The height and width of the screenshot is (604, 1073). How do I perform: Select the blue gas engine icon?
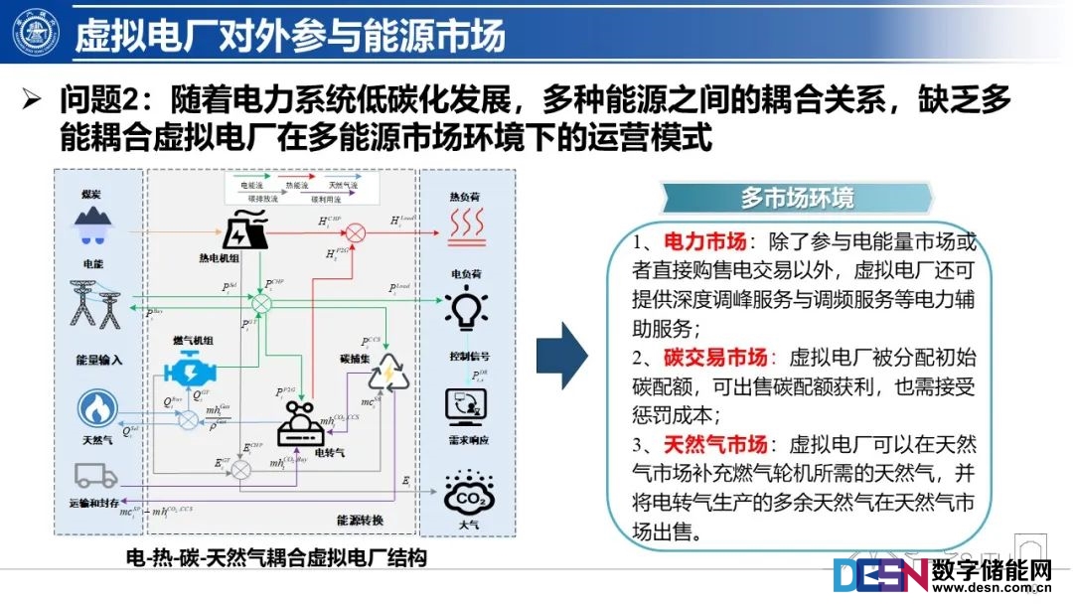click(195, 371)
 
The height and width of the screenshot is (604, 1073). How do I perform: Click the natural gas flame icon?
click(98, 408)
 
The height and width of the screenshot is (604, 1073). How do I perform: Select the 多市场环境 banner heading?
click(796, 198)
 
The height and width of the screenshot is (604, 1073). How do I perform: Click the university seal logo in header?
click(36, 34)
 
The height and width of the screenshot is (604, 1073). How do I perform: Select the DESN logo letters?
click(880, 575)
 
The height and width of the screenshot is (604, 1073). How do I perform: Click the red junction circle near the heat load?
click(355, 232)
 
